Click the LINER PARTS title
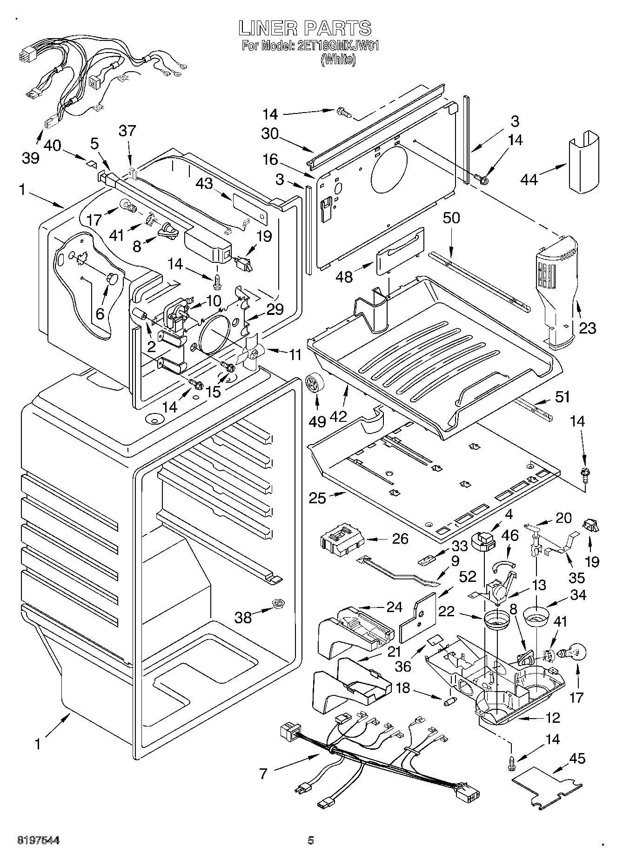[x=305, y=28]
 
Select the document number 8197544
[x=39, y=840]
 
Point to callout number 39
[x=31, y=158]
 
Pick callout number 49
[x=318, y=421]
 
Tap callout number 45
[x=577, y=759]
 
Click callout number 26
[x=400, y=539]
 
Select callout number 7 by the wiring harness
[x=263, y=773]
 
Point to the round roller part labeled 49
[x=315, y=386]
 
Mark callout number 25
[x=318, y=498]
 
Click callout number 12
[x=553, y=718]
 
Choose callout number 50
[x=451, y=218]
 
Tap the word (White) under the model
[x=338, y=60]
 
